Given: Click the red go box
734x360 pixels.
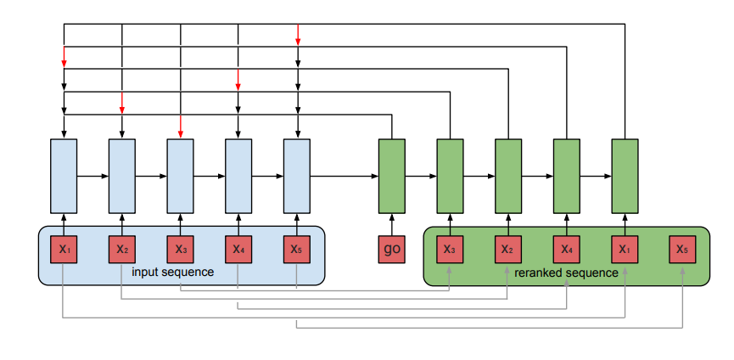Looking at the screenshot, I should click(x=391, y=249).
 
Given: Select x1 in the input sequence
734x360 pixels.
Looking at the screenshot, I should click(x=64, y=249).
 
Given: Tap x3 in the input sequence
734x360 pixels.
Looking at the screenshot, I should click(x=180, y=249).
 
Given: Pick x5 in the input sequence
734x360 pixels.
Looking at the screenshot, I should click(x=296, y=249).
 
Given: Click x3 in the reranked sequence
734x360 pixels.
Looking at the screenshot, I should click(x=450, y=249).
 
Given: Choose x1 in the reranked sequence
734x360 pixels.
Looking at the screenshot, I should click(x=625, y=249).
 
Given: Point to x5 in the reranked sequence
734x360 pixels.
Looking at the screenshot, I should click(x=682, y=249).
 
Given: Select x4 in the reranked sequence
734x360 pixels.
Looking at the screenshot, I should click(x=566, y=249).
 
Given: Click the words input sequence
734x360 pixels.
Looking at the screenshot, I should click(x=172, y=272).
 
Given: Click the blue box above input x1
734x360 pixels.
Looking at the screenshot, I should click(x=64, y=176).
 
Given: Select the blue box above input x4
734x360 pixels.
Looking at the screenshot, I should click(x=238, y=176).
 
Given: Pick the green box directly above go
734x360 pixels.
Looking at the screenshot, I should click(x=391, y=176).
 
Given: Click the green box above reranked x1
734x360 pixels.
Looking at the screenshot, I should click(x=625, y=176).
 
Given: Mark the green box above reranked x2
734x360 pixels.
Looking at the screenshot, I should click(x=507, y=176).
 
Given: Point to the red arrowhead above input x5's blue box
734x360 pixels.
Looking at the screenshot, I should click(x=297, y=40).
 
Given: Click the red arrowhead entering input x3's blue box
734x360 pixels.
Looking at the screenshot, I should click(x=181, y=132).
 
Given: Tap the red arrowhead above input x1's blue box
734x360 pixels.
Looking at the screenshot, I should click(x=64, y=63).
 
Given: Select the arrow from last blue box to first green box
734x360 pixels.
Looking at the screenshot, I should click(x=344, y=176).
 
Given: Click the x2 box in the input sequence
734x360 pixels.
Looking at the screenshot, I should click(x=122, y=249).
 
